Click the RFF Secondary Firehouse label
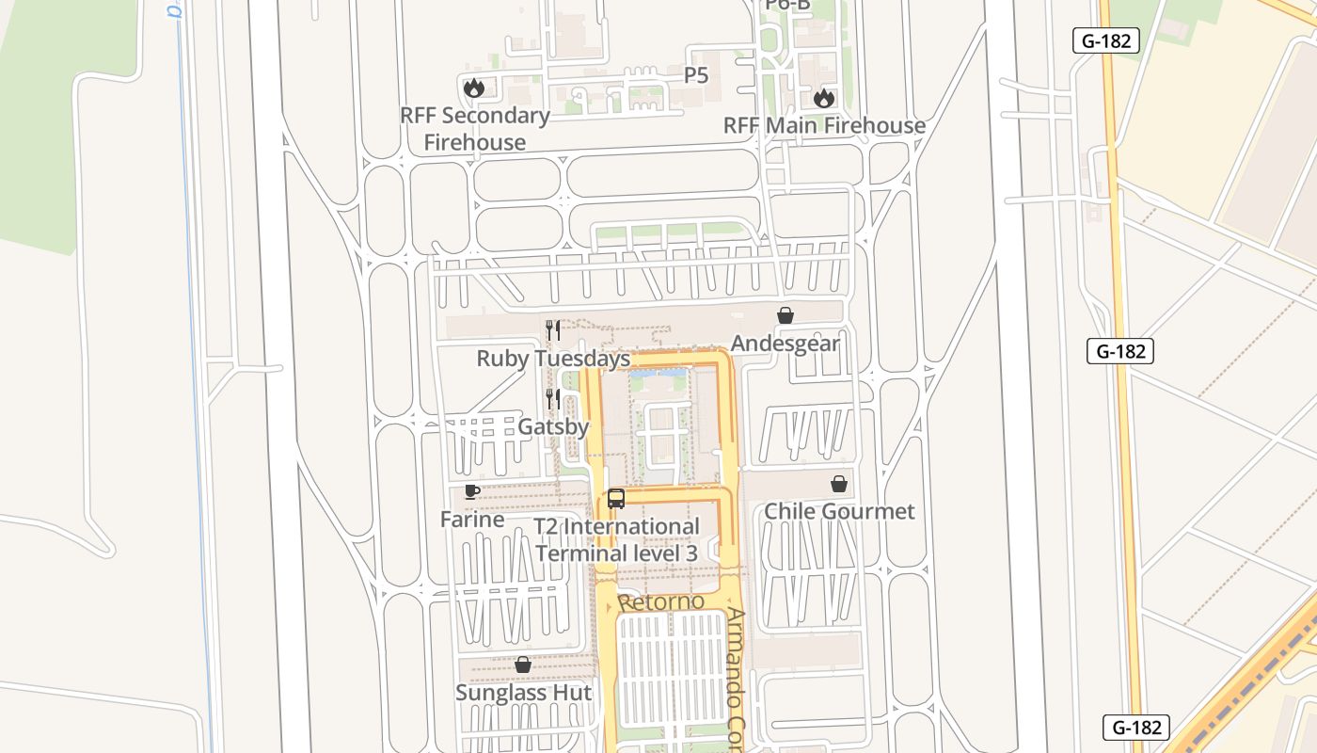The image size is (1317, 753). [475, 129]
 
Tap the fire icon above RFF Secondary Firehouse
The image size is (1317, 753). [473, 88]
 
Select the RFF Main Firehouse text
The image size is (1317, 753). [824, 125]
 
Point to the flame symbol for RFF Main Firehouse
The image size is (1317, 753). [824, 98]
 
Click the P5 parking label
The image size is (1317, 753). [696, 75]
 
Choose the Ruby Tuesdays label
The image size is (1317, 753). [553, 359]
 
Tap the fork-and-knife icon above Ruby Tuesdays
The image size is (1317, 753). [553, 329]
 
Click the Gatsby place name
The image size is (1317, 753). [553, 426]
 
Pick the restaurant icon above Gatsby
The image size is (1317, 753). [553, 398]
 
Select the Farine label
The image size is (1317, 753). [472, 519]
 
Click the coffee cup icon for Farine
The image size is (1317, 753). [472, 491]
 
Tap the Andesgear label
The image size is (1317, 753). [785, 343]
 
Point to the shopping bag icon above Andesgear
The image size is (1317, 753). [785, 315]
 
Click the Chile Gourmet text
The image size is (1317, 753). [839, 511]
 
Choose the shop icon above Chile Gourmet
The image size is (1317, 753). [839, 484]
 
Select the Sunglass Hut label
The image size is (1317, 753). [524, 693]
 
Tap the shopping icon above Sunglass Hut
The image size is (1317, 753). [523, 665]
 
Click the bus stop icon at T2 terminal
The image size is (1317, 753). [616, 499]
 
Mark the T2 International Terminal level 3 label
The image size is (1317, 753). [617, 540]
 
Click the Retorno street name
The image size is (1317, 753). [661, 601]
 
